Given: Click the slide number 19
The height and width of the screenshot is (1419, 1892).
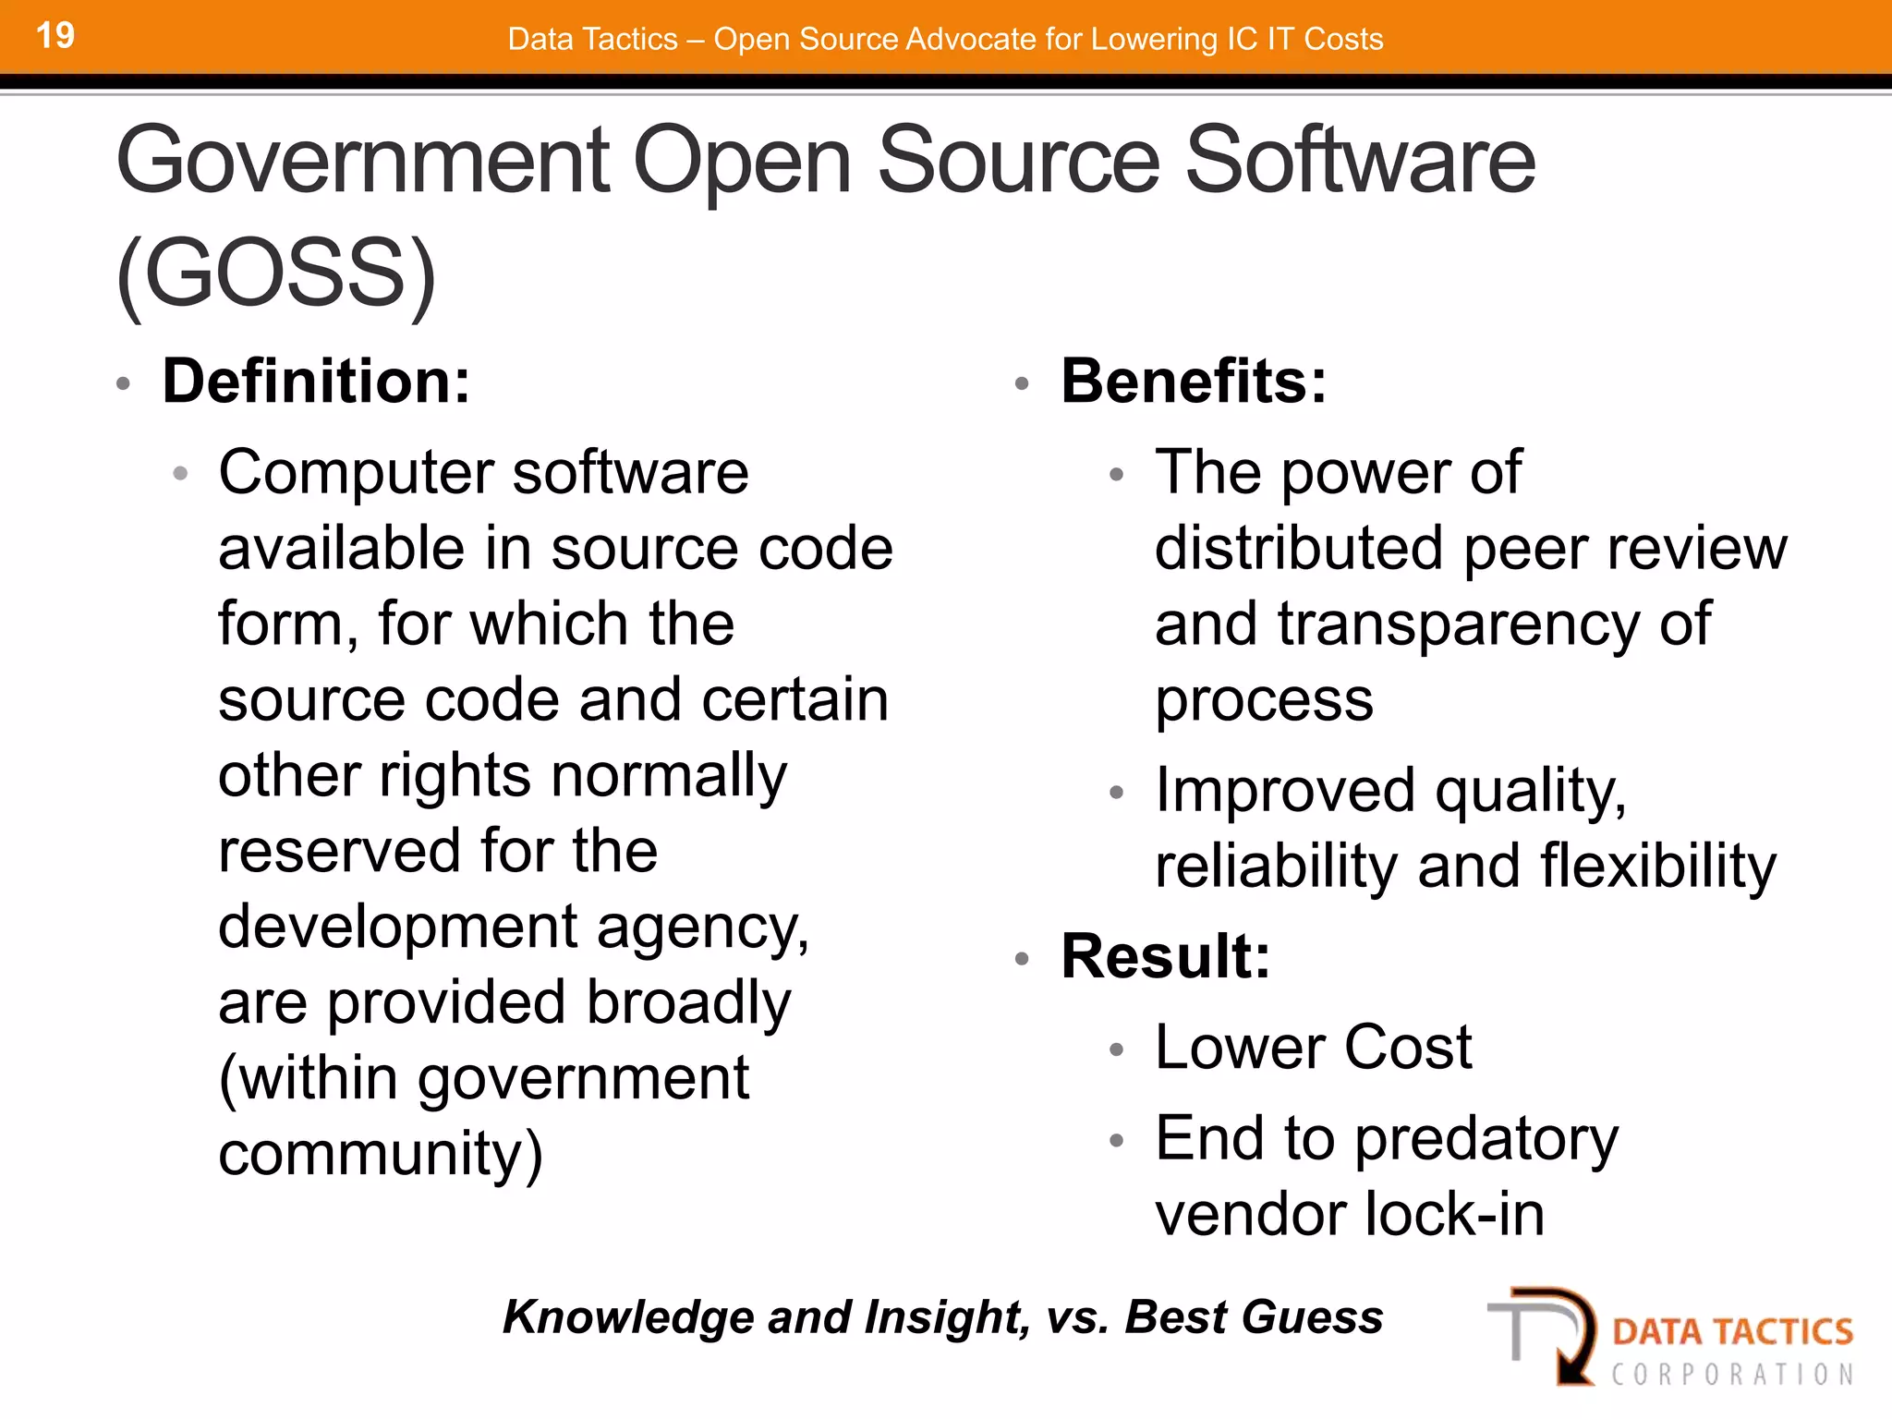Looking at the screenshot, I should coord(55,36).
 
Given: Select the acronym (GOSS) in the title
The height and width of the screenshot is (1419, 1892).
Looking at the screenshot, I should coord(276,273).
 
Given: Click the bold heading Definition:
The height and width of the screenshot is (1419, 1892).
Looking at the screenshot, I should coord(316,381).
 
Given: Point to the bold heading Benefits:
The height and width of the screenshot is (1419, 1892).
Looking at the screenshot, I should coord(1194,381).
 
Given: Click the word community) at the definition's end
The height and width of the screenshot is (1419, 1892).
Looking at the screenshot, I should coord(381,1154).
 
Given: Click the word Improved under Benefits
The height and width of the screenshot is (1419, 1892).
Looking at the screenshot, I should coord(1285,791).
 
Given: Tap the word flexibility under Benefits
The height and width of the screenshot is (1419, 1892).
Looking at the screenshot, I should coord(1657,867).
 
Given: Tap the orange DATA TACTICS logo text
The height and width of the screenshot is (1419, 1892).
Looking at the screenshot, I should coord(1732,1331).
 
